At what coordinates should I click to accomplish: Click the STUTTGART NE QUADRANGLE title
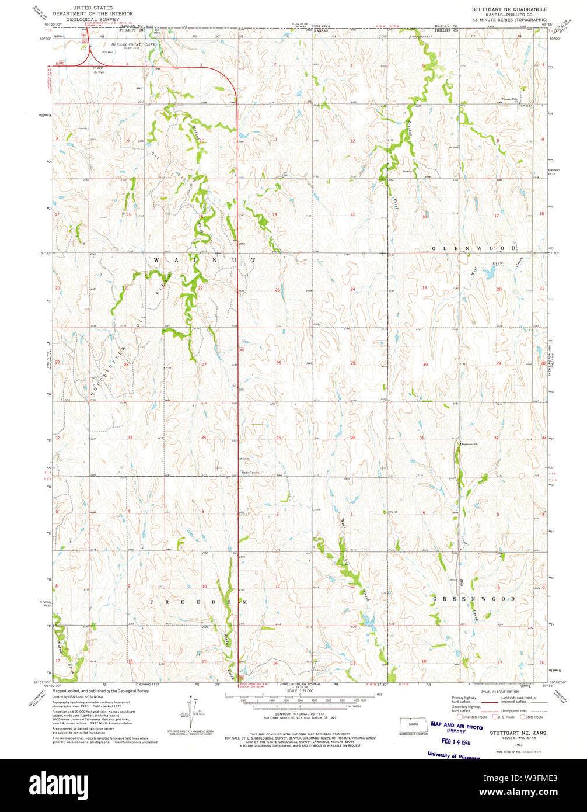(501, 9)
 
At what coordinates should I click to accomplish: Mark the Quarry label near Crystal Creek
(408, 171)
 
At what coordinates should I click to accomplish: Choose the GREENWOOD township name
(474, 599)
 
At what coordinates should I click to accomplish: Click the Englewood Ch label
(470, 444)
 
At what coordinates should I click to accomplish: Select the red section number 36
(353, 438)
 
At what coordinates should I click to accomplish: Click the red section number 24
(352, 289)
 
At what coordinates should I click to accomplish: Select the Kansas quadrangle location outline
(413, 724)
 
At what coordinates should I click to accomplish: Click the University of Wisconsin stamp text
(453, 756)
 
